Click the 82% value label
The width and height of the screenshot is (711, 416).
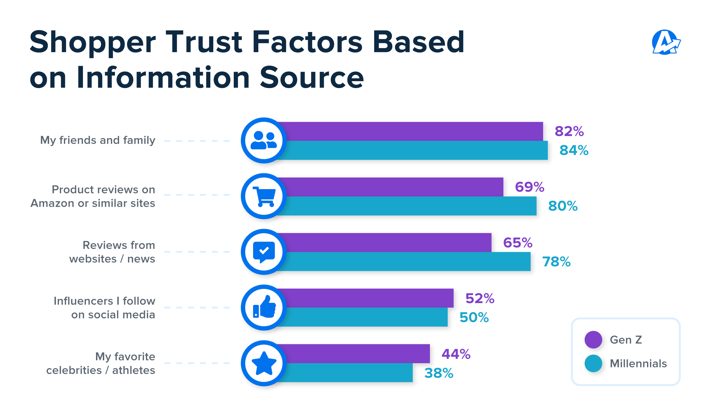point(569,131)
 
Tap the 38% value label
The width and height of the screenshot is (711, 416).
point(439,373)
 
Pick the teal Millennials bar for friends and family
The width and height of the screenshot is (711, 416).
point(415,151)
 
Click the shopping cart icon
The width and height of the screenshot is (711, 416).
point(264,196)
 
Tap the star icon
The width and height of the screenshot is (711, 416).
point(264,363)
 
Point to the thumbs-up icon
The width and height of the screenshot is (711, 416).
point(264,308)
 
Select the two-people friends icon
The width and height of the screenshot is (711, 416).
point(264,140)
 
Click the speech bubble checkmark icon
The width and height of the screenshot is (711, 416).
point(264,252)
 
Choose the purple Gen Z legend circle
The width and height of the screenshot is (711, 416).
point(593,340)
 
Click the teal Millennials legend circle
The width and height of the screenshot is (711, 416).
point(593,363)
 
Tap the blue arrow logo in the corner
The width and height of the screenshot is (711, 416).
point(666,42)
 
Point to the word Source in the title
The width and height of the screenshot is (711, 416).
point(312,78)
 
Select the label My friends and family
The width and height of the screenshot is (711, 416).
point(97,140)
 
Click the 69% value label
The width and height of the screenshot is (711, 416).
point(529,187)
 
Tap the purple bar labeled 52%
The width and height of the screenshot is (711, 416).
point(367,298)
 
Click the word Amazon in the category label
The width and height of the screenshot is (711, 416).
point(52,203)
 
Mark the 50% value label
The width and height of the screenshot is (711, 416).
point(474,317)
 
